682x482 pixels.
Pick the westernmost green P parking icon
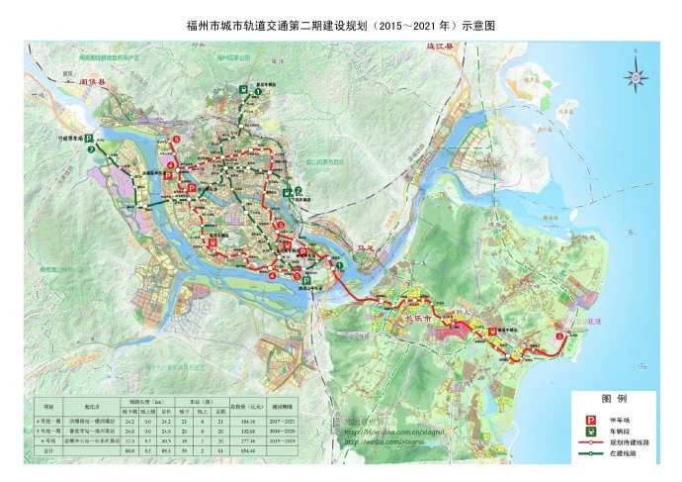(x=87, y=140)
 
